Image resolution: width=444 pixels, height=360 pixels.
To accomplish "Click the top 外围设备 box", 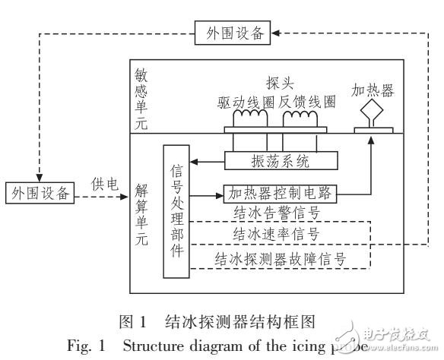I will pyautogui.click(x=233, y=33).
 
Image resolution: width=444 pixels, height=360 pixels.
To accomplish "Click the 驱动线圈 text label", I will pyautogui.click(x=245, y=101).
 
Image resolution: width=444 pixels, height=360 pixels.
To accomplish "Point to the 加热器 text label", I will pyautogui.click(x=373, y=90).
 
